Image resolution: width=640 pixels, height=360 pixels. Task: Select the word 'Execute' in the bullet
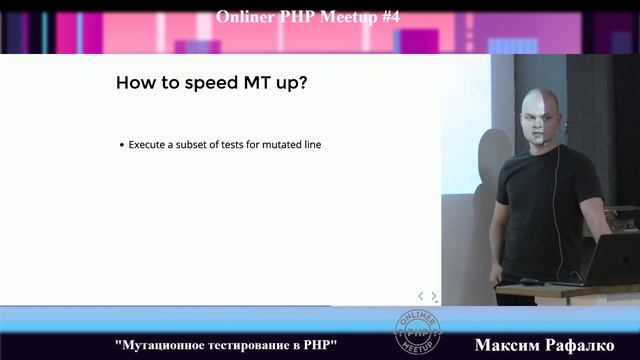click(x=146, y=145)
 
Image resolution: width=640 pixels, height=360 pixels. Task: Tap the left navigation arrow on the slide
click(x=421, y=296)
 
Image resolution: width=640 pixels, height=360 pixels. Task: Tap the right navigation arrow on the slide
click(x=434, y=296)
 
